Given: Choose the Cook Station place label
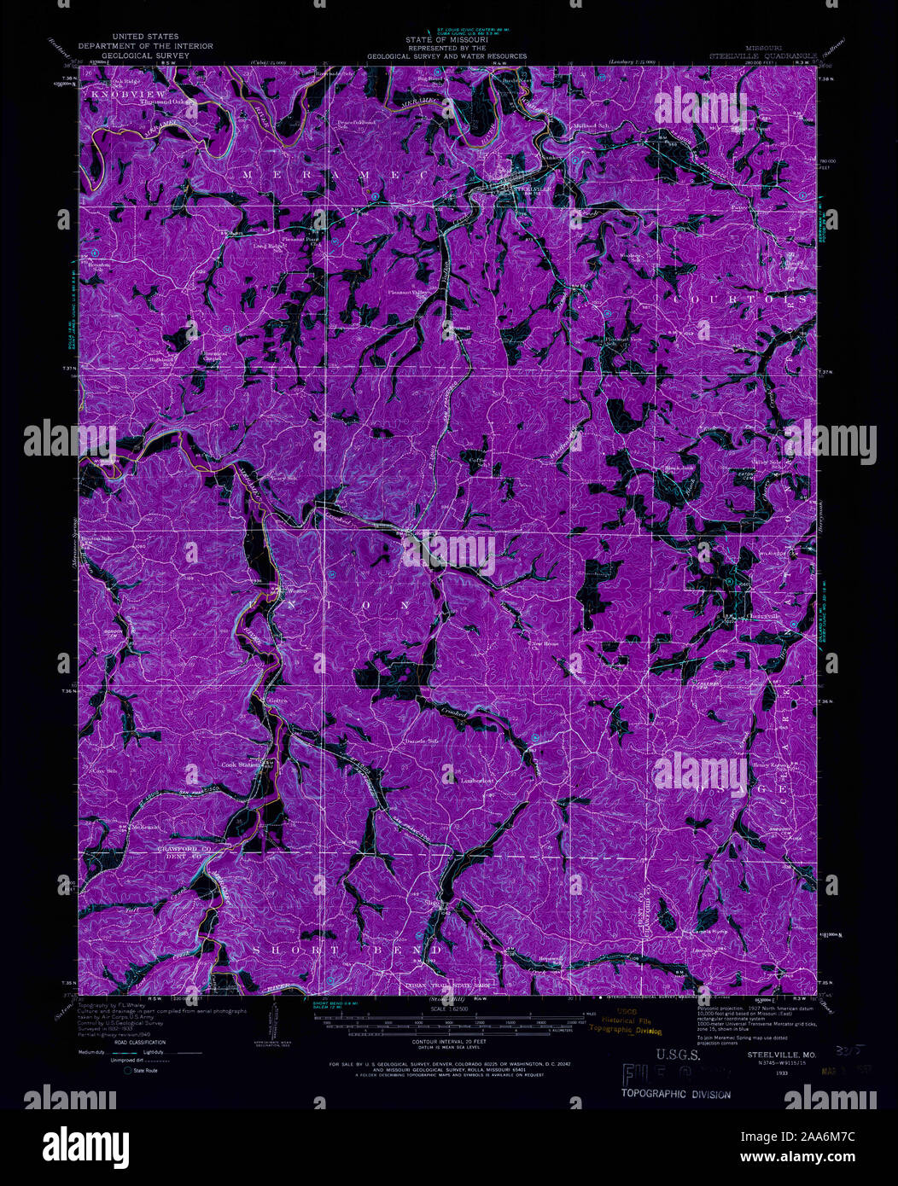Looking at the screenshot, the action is click(240, 765).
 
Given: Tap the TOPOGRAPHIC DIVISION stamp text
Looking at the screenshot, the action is click(675, 1094).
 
